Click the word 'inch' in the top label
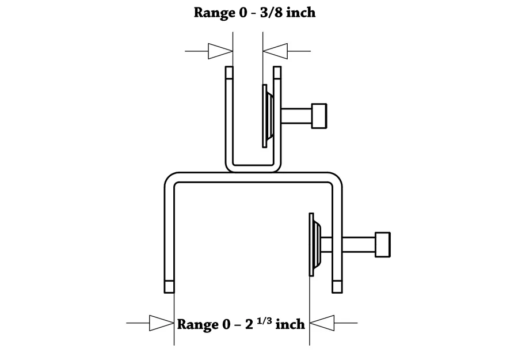301,12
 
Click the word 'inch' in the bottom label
290,324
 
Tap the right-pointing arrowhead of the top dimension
220,51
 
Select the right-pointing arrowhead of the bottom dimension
161,323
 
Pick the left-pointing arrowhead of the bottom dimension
322,323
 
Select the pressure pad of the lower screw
316,245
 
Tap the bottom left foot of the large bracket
169,286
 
